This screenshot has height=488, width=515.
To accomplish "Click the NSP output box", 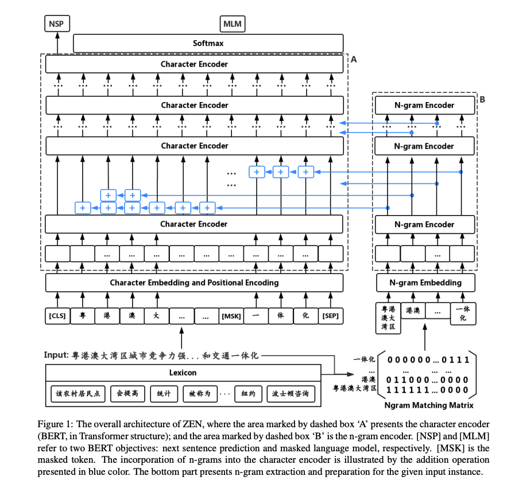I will point(56,24).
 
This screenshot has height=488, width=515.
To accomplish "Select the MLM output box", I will point(233,24).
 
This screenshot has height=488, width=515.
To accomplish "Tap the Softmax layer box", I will point(208,43).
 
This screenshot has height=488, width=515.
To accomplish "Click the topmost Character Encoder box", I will point(194,64).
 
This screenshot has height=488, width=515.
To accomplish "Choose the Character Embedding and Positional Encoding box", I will point(194,283).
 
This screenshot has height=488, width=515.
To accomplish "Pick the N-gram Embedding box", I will point(425,283).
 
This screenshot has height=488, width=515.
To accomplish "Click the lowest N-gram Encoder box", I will point(425,224).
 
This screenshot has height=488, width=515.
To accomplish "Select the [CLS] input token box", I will point(57,316).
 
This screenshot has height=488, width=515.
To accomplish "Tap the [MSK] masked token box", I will point(231,316).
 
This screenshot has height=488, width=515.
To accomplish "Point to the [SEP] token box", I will point(330,316).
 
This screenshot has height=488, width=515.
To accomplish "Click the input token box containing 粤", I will point(82,316).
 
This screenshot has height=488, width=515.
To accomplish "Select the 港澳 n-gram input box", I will point(413,310).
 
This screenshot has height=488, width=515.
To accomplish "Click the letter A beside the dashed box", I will point(354,59).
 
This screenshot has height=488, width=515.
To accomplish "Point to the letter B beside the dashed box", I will point(482,99).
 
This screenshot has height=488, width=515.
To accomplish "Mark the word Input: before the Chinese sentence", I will point(56,355).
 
